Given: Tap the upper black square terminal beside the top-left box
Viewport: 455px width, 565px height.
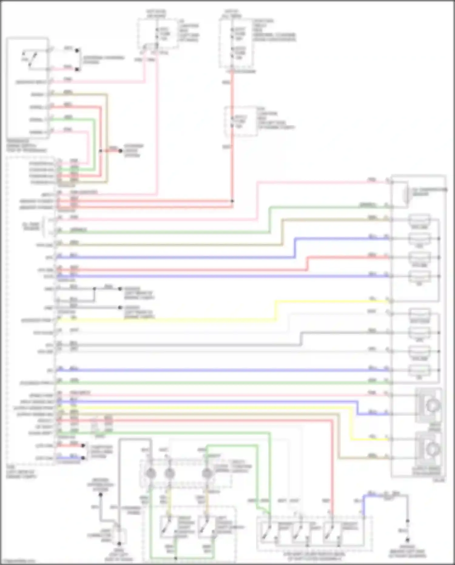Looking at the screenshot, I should coord(77,51).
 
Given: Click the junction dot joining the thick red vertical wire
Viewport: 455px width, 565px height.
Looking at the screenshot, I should coord(232,201).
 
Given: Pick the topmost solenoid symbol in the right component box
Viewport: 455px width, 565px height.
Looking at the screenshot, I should coord(419,220).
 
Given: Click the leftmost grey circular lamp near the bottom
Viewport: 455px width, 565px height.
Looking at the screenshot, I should coord(151,473).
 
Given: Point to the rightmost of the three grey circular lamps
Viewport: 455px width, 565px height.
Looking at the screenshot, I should coord(207,473).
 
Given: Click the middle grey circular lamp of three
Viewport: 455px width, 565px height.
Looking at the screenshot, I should coord(170,473).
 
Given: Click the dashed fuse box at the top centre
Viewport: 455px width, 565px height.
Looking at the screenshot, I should coord(158,33).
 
